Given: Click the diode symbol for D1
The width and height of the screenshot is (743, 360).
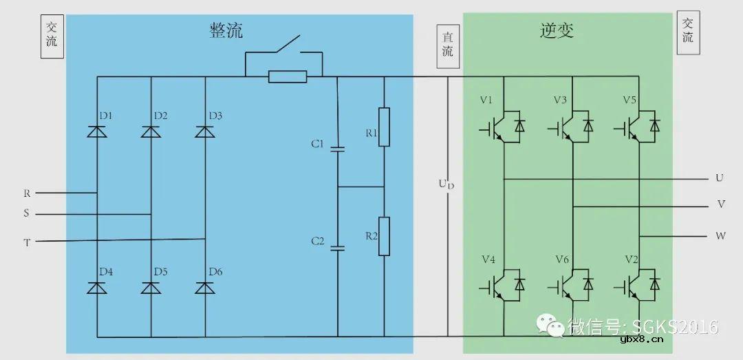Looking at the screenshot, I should (x=96, y=131).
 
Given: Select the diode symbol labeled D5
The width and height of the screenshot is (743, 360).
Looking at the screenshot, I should (x=151, y=288).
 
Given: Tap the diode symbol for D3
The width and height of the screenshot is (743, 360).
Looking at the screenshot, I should (x=205, y=131).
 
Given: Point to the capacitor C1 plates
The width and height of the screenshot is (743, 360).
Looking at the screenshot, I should (x=337, y=147).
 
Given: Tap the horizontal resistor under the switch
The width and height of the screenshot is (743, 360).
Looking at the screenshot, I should (x=288, y=76).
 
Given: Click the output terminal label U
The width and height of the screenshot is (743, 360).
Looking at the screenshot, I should (x=719, y=178).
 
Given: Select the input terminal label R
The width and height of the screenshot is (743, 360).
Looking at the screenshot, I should (x=27, y=193).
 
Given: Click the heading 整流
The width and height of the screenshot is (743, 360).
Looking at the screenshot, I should (x=226, y=30).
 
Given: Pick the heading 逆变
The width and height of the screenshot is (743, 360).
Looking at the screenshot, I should (x=557, y=30).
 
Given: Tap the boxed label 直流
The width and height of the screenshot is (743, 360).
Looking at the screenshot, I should (x=448, y=45).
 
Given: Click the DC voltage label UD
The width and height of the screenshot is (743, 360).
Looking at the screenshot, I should (x=446, y=187).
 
